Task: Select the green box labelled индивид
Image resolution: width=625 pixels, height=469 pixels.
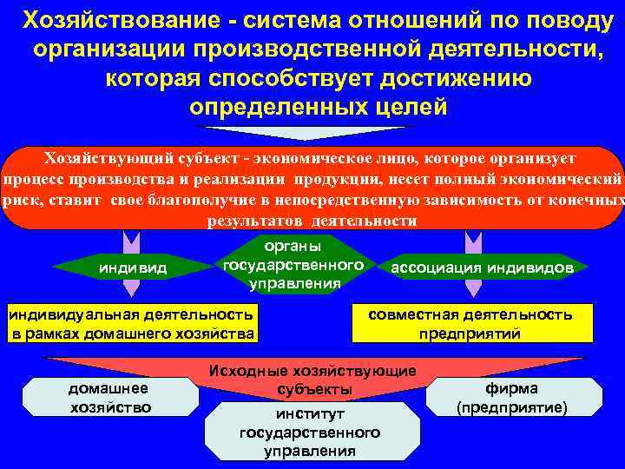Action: (x=130, y=268)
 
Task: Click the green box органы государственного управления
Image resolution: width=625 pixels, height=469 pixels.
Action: (x=293, y=264)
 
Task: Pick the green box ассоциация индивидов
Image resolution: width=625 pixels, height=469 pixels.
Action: (x=483, y=268)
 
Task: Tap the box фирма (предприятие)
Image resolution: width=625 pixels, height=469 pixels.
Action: (x=511, y=397)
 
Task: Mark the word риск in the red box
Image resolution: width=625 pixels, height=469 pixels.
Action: (x=18, y=200)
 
